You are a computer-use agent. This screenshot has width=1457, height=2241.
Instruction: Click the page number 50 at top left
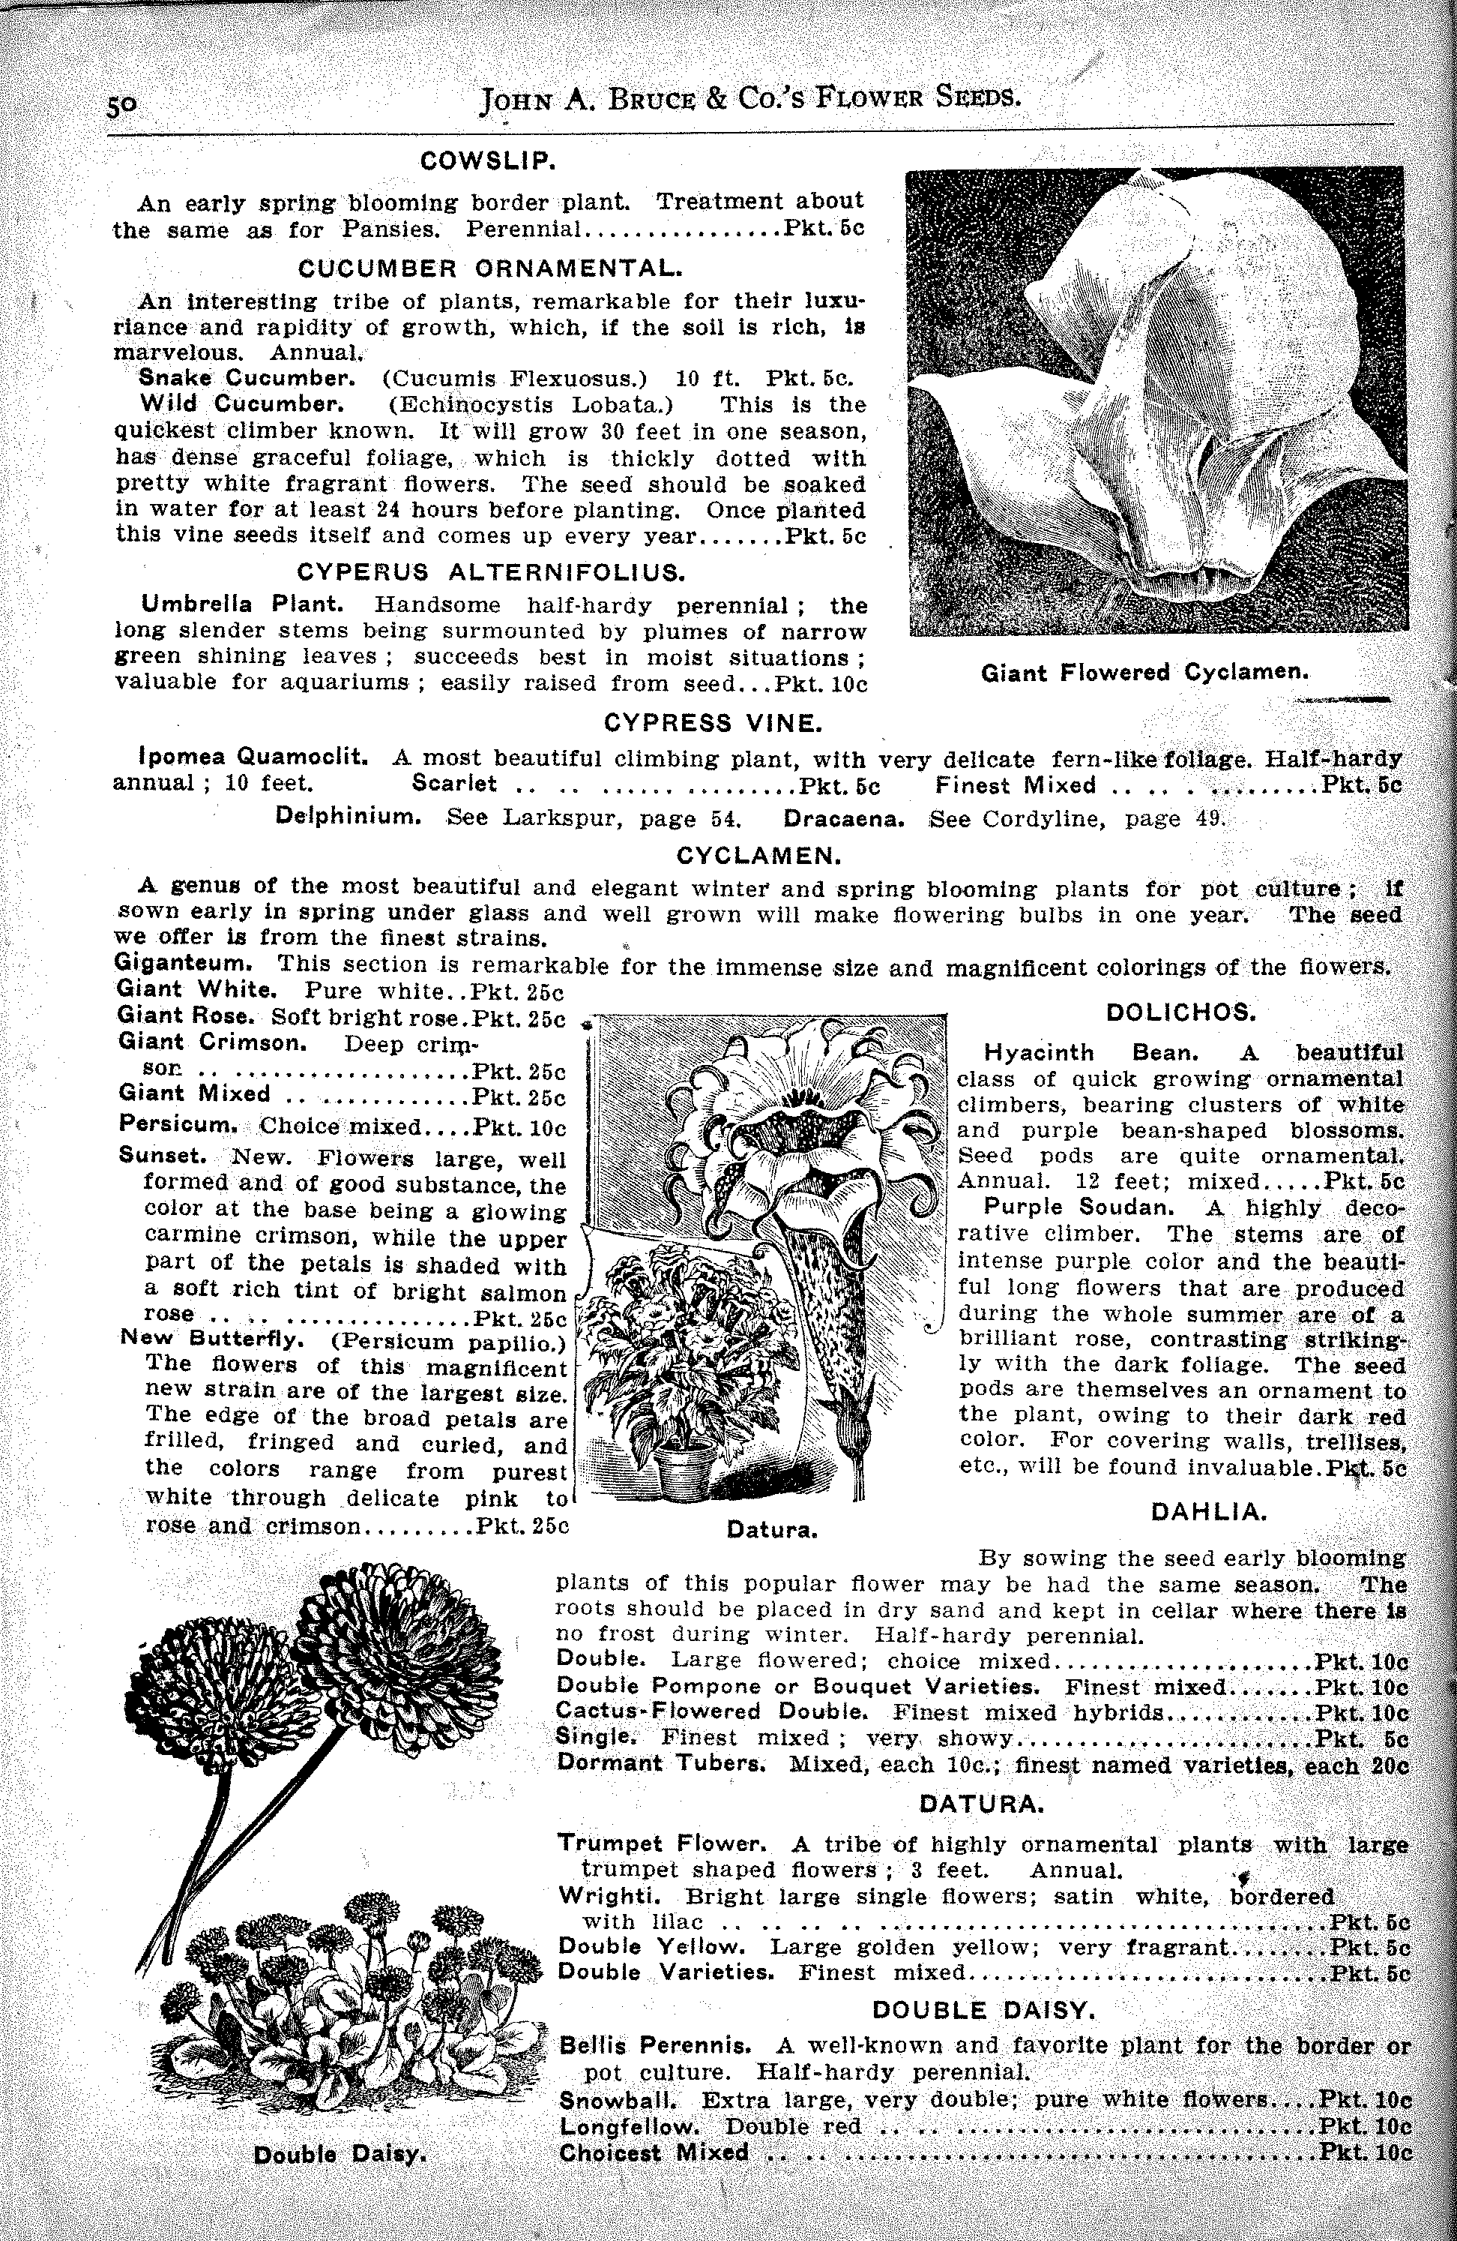tap(122, 106)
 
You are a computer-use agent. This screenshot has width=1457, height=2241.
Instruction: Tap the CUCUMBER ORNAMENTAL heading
tap(489, 268)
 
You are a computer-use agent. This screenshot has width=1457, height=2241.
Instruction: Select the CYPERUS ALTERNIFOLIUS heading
tap(490, 571)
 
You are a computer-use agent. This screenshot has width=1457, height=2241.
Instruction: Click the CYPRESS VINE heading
tap(714, 723)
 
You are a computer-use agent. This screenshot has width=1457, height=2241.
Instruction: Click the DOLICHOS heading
tap(1181, 1012)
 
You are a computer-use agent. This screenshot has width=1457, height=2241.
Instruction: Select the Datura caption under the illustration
tap(772, 1530)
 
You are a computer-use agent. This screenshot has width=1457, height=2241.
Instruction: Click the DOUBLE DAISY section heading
tap(983, 2009)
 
